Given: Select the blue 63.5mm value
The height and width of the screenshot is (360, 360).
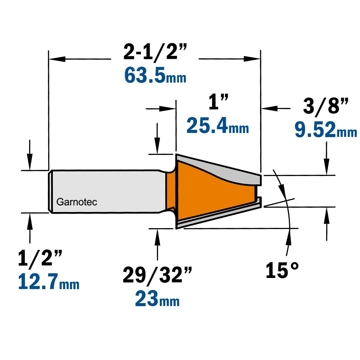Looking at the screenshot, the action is coord(155,76).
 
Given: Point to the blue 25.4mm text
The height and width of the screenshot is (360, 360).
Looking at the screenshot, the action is coord(218,125).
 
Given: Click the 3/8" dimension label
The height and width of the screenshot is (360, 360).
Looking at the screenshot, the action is coord(325,106).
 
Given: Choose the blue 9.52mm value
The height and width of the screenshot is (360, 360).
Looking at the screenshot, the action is coord(326,130).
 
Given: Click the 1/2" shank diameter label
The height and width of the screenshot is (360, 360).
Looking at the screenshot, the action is coord(40,258).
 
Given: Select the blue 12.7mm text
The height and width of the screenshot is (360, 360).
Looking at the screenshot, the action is coord(49,282).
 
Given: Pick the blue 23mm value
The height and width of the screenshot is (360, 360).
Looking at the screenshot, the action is coord(157,298).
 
